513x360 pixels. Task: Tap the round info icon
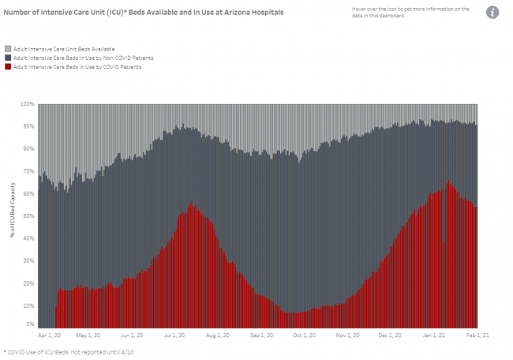(x=492, y=13)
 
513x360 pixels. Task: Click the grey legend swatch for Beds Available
(x=7, y=49)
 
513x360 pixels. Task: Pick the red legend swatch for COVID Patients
(x=7, y=66)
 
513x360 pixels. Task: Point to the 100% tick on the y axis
(x=29, y=104)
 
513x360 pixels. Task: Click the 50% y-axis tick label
(x=30, y=216)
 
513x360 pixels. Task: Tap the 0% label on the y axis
(x=31, y=324)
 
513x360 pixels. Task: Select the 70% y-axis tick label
(x=30, y=171)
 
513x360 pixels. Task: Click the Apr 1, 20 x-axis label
(x=49, y=335)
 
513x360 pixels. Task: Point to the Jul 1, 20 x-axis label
(x=174, y=335)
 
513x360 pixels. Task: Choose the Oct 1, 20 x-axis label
(x=301, y=335)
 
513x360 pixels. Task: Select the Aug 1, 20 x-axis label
(x=216, y=335)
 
